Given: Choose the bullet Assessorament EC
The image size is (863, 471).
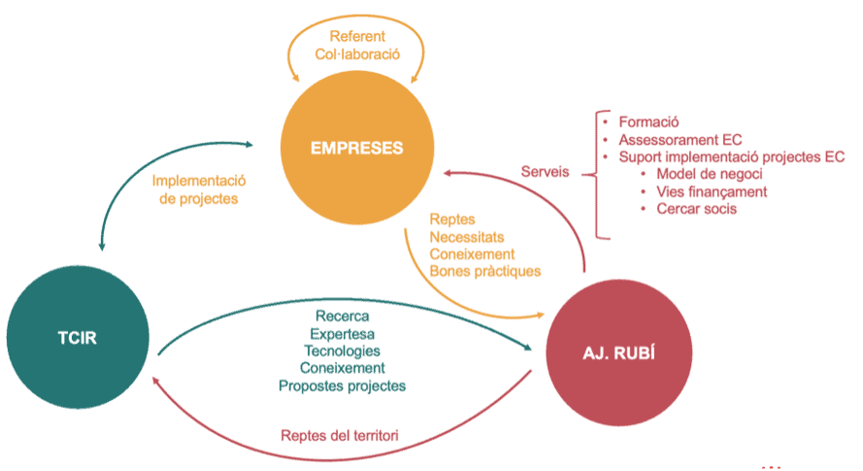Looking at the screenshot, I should (x=680, y=140).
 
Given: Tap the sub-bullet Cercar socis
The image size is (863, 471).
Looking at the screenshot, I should (x=696, y=209).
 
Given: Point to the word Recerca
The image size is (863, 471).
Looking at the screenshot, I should (x=343, y=316).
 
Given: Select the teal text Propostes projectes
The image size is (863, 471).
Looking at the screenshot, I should (x=342, y=386).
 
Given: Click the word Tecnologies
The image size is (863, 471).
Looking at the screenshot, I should (x=342, y=351).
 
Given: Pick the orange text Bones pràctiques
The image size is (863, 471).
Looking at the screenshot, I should (x=486, y=271).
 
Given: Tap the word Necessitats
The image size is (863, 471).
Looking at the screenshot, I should (x=467, y=236).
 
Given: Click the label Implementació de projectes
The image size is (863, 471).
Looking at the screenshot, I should (x=197, y=189).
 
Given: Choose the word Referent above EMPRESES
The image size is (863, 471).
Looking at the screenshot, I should (x=356, y=37).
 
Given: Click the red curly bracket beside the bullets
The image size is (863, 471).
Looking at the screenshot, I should (x=602, y=175).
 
